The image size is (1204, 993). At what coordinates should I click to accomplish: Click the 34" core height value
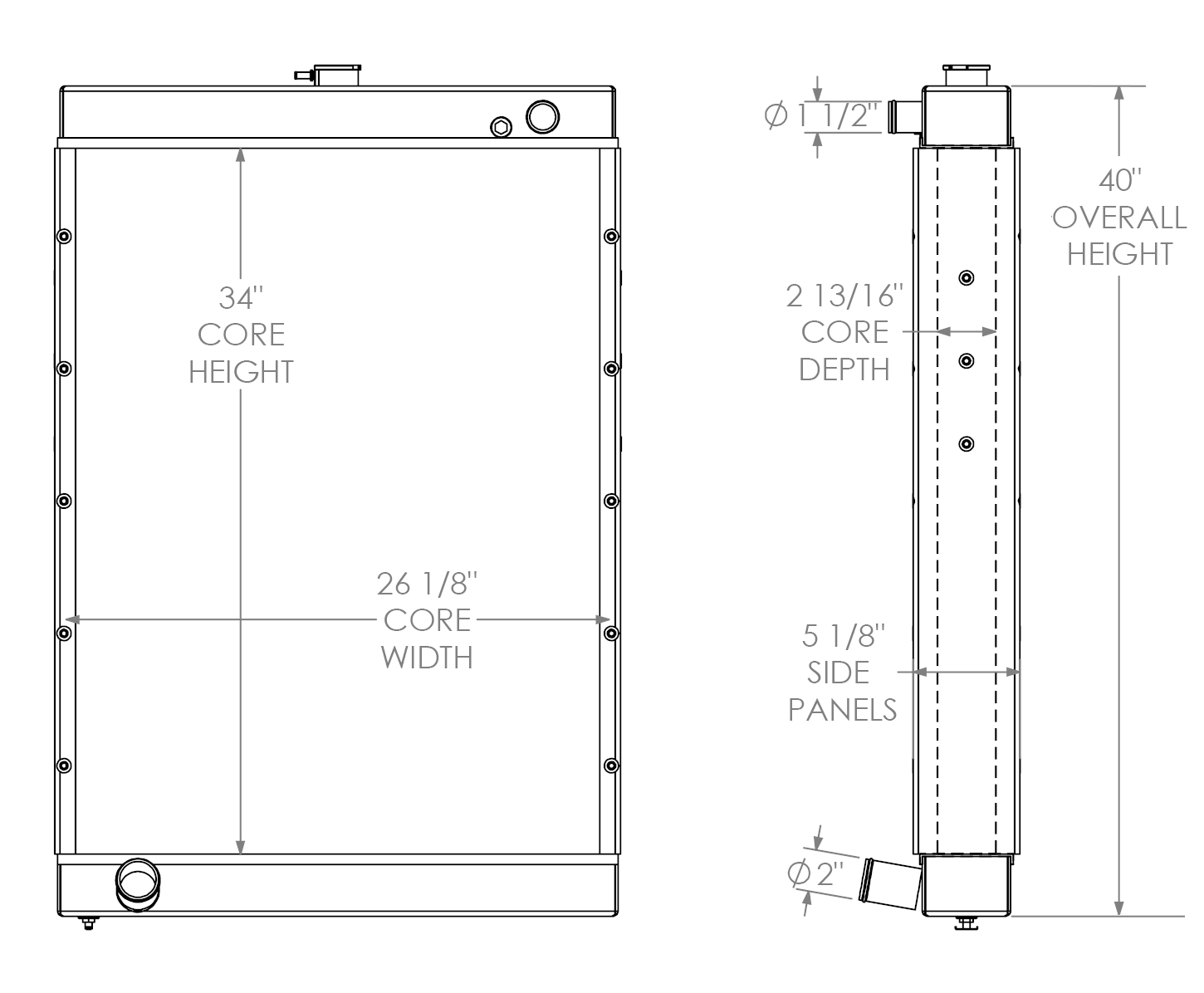tap(241, 297)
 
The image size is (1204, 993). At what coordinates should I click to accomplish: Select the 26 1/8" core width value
tap(427, 585)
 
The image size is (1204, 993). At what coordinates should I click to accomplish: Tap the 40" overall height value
tap(1120, 180)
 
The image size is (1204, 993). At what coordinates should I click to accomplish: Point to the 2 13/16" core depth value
tap(844, 296)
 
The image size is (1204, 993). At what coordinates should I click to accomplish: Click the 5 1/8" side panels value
tap(844, 637)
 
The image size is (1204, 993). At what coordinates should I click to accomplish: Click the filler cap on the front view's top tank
tap(336, 75)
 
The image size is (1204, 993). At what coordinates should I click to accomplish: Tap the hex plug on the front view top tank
tap(501, 127)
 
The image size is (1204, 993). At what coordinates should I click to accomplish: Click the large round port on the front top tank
tap(542, 117)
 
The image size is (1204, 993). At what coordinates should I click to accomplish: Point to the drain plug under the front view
tap(88, 922)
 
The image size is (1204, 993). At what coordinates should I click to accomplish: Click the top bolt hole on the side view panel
tap(966, 277)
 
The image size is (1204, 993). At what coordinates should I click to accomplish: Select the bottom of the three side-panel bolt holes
tap(966, 444)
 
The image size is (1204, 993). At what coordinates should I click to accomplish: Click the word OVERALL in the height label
tap(1119, 218)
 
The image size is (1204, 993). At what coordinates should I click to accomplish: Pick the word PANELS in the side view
tap(842, 710)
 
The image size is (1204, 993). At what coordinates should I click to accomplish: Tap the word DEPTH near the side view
tap(844, 369)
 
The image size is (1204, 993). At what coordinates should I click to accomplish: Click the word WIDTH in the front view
tap(427, 657)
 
